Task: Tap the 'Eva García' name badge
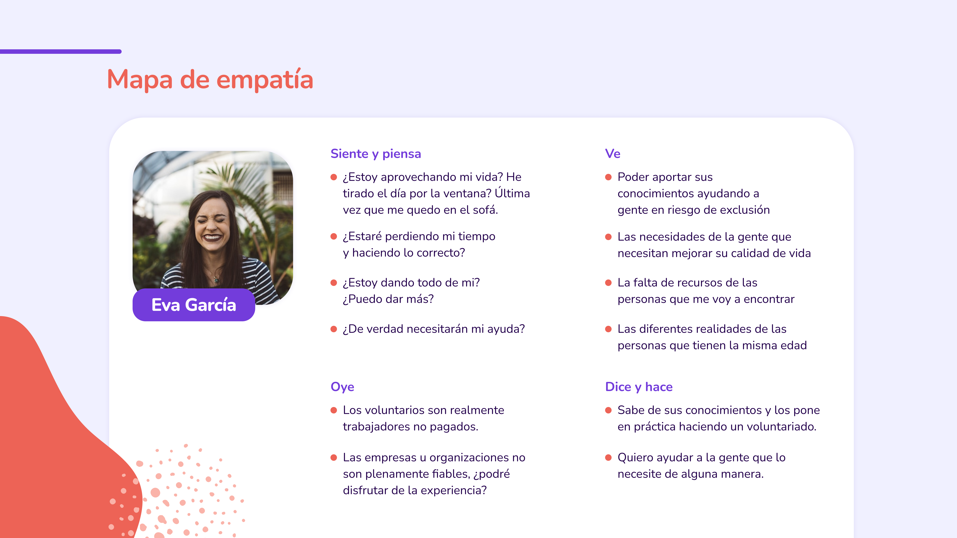194,305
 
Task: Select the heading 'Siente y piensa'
376,154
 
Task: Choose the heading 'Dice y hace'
639,387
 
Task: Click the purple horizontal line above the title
60,52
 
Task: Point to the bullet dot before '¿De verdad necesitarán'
334,329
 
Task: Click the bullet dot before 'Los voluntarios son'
334,410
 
